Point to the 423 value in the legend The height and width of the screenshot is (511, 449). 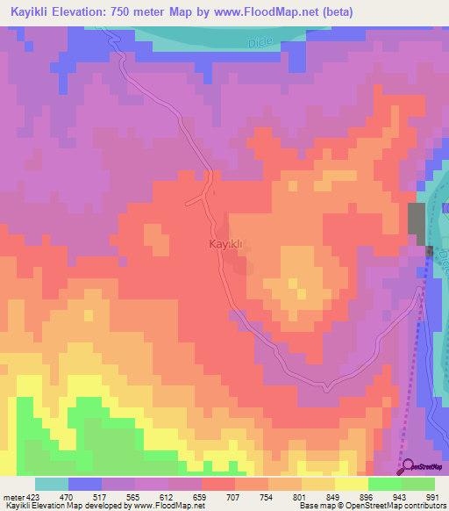35,496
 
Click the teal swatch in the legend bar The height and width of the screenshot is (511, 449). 52,484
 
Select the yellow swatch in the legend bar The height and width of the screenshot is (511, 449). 352,484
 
